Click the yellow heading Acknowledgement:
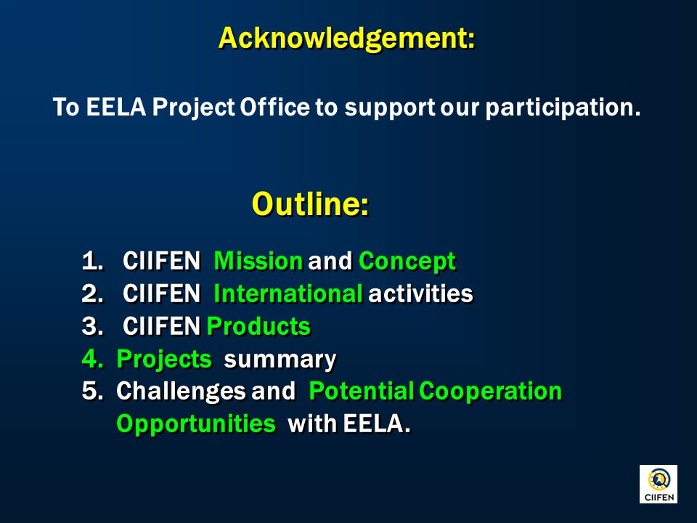pos(347,38)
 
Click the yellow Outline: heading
pos(310,204)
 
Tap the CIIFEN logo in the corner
pos(659,484)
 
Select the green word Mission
pos(258,261)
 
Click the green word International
pos(288,293)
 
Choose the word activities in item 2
pos(420,293)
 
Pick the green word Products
pos(258,326)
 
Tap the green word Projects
pos(164,360)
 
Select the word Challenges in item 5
pos(181,392)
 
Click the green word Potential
pos(362,392)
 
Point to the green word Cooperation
pos(491,392)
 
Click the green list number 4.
pos(92,358)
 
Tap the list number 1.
pos(92,261)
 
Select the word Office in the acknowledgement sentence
pos(274,108)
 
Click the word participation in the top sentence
pos(563,108)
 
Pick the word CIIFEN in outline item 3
pos(161,326)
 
